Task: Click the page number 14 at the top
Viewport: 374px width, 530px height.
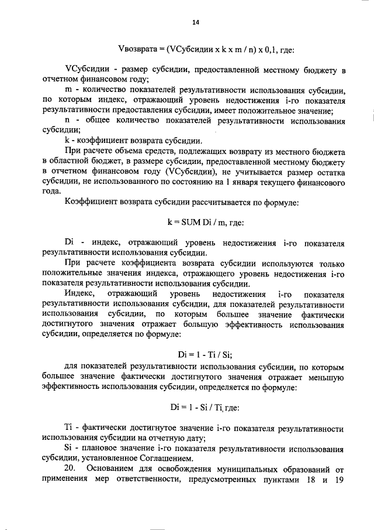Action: tap(195, 22)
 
